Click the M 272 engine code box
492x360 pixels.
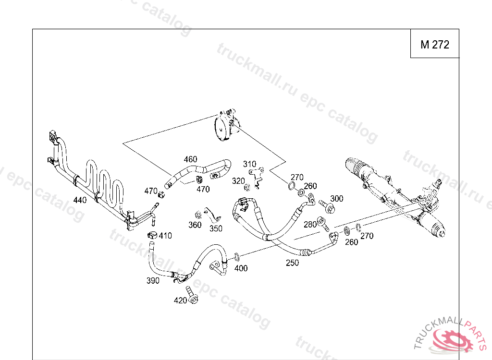tap(434, 45)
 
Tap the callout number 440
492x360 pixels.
tap(80, 200)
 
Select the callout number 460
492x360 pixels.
tap(190, 159)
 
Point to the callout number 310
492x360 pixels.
tap(249, 164)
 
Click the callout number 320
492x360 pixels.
tap(238, 181)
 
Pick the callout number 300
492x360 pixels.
tap(337, 199)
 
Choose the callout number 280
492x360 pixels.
tap(310, 224)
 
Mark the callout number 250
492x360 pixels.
tap(292, 263)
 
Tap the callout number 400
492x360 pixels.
tap(241, 268)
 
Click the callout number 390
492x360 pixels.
tap(153, 281)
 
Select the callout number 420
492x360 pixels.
tap(180, 300)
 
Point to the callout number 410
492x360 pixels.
tap(165, 236)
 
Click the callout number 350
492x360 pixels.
tap(216, 228)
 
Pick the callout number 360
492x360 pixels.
tap(195, 225)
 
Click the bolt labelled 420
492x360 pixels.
tap(191, 295)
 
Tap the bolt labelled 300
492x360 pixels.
tap(328, 206)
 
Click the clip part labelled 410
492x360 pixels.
tap(152, 235)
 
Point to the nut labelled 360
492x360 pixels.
tap(197, 215)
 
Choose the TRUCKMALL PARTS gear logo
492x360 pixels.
tap(452, 340)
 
